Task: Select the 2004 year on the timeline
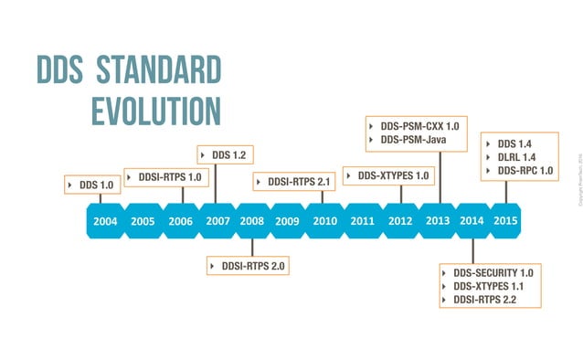[105, 221]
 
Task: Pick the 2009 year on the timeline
[287, 221]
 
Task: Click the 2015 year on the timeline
[506, 220]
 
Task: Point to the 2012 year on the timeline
[400, 221]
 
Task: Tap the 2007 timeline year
[217, 221]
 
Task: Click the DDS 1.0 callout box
[91, 185]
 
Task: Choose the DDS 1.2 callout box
[225, 155]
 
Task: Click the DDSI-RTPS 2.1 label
[293, 182]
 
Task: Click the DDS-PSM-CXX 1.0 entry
[419, 126]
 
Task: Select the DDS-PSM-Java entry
[412, 140]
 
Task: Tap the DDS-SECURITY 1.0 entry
[492, 272]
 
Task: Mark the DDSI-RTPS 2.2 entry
[484, 299]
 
